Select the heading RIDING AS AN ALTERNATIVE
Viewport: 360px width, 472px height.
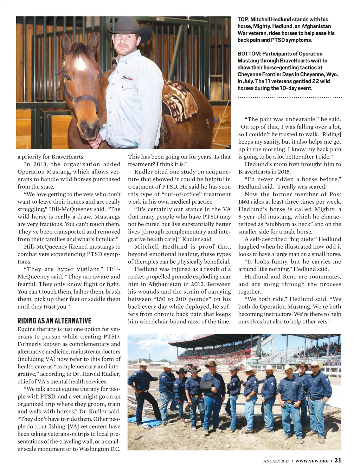(54, 321)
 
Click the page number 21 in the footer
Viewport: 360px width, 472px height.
(338, 460)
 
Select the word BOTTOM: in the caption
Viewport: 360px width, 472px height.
(249, 54)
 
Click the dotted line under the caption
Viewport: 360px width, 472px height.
(290, 97)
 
